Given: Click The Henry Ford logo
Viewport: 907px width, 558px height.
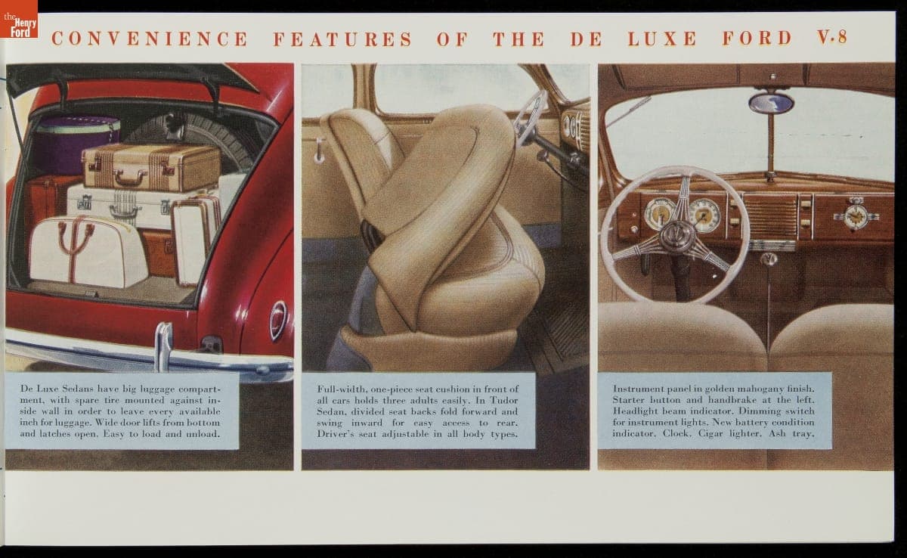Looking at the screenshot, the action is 19,19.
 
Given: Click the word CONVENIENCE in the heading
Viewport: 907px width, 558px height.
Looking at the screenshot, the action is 150,39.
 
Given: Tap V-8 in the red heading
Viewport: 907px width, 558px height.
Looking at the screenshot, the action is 832,37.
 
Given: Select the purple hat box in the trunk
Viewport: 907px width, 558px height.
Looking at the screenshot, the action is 75,144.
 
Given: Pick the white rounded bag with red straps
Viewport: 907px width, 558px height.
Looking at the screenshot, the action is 88,252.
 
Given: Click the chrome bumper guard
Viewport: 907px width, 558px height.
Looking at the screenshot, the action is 163,347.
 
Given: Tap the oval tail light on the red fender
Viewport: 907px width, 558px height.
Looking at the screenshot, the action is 278,321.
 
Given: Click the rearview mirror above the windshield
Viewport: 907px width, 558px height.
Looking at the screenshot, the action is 771,104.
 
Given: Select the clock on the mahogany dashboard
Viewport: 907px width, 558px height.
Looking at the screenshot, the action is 856,217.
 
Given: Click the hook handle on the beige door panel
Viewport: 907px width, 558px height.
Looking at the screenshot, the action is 320,150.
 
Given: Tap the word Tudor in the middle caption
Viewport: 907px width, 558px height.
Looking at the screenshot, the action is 504,401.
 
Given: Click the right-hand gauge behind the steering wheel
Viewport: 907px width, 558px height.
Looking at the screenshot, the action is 704,215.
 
